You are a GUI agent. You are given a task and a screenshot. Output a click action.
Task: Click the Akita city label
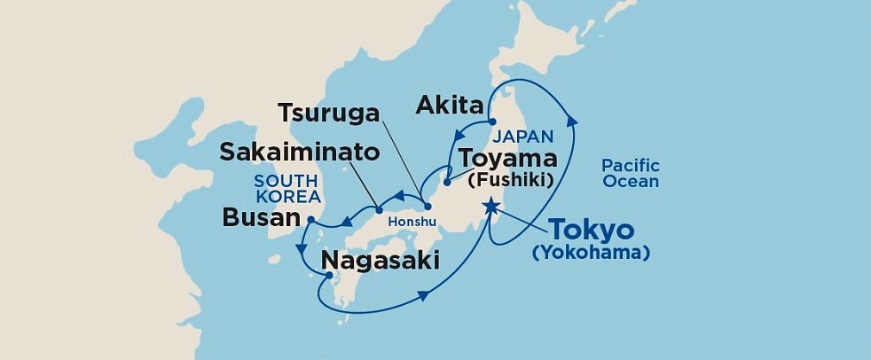pos(450,107)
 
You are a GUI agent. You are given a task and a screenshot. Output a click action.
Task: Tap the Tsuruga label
pos(328,113)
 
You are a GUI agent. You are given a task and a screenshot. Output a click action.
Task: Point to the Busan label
pos(262,217)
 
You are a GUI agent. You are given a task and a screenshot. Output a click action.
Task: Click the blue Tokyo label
pos(592,231)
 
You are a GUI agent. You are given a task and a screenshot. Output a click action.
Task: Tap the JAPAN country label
pos(523,137)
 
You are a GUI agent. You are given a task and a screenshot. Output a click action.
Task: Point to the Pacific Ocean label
pos(630,173)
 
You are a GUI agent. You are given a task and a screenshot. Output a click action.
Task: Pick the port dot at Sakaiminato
pos(379,210)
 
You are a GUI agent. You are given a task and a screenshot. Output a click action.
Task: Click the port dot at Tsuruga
pos(428,207)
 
